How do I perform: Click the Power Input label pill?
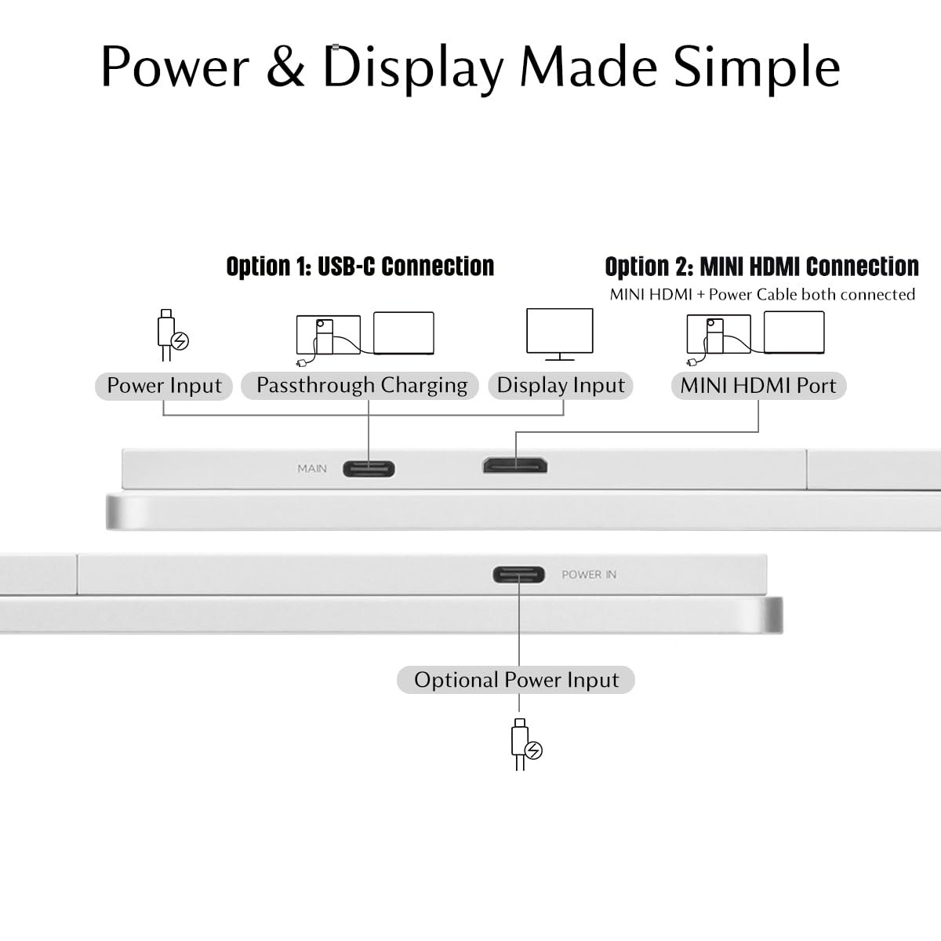[164, 387]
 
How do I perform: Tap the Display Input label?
[561, 386]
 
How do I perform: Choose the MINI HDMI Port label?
[758, 386]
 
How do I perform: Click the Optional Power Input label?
[516, 680]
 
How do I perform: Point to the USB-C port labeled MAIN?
[369, 469]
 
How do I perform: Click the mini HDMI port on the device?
[515, 466]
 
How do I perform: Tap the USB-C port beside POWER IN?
[518, 575]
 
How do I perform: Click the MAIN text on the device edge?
[312, 469]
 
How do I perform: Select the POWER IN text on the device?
[589, 575]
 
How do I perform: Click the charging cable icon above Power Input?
[173, 335]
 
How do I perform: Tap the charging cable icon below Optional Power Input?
[526, 744]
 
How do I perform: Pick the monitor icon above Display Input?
[560, 335]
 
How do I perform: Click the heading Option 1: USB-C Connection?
[361, 267]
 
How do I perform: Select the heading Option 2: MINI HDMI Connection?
[761, 267]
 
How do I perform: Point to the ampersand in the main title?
[285, 67]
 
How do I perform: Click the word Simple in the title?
[757, 69]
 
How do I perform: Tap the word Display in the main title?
[413, 69]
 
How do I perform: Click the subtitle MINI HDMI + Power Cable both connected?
[762, 295]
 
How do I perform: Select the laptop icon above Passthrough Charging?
[403, 333]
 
